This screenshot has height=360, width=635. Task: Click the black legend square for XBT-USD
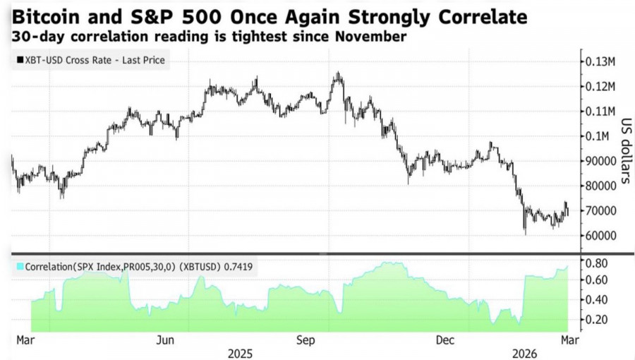coord(18,61)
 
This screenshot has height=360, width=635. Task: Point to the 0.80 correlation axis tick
coord(597,263)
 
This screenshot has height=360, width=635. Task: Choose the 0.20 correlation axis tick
coord(597,319)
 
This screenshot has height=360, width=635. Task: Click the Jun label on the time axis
coord(165,340)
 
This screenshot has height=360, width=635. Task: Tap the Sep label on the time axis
coord(306,340)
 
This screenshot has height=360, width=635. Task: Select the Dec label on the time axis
coord(445,340)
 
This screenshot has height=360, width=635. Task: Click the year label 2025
coord(240,352)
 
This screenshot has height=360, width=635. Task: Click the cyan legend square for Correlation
coord(19,266)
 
